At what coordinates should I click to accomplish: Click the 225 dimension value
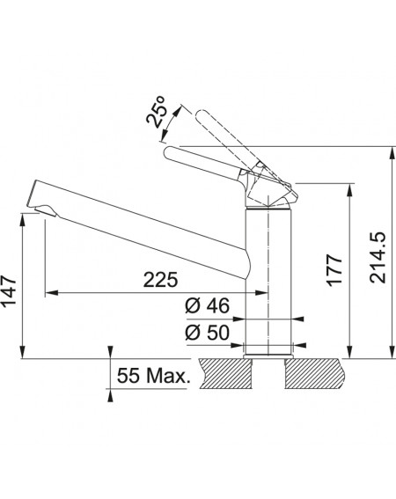[160, 279]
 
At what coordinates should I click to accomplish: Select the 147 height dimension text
[9, 291]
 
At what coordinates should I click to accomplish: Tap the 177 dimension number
[335, 270]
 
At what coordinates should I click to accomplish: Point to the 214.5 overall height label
[378, 258]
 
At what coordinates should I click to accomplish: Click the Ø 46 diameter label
[207, 305]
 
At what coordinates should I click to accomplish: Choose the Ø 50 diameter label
[207, 333]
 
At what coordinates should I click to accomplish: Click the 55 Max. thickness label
[153, 376]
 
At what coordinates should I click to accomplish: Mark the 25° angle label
[157, 112]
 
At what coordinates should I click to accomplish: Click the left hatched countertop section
[224, 374]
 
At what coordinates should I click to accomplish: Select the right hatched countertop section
[313, 374]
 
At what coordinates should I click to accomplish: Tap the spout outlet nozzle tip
[46, 210]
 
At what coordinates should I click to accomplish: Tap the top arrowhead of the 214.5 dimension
[391, 153]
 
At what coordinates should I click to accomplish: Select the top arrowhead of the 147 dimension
[22, 220]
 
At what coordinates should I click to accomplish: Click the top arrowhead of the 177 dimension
[349, 190]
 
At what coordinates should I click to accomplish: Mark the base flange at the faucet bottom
[268, 356]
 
